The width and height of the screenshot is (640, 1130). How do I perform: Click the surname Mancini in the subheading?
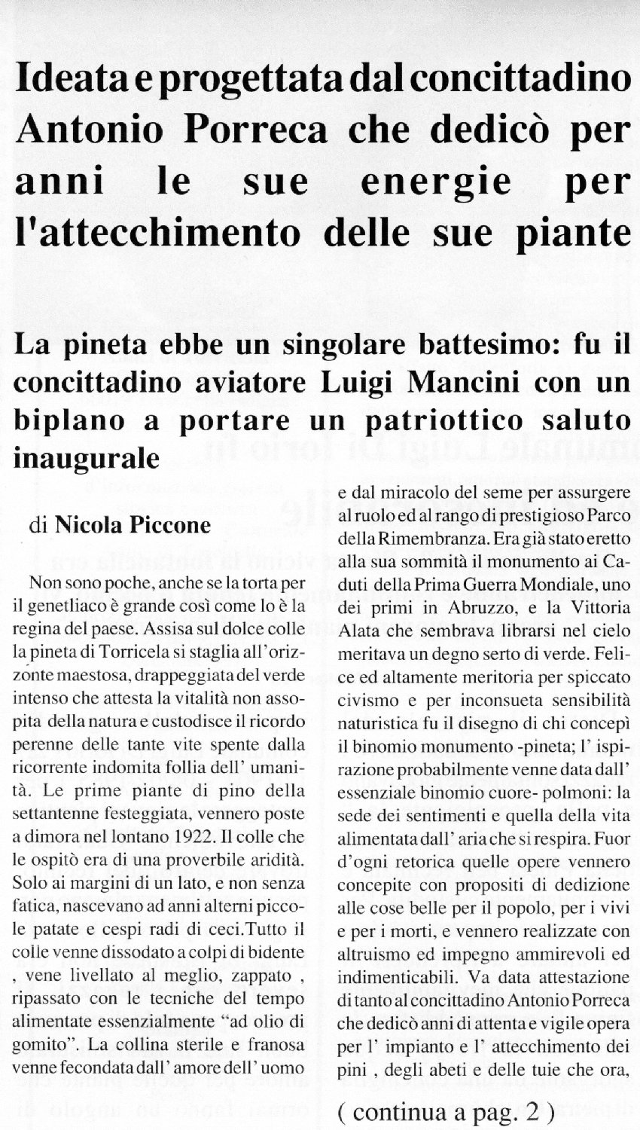[471, 383]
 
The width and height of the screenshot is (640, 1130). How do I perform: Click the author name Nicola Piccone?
[133, 524]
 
